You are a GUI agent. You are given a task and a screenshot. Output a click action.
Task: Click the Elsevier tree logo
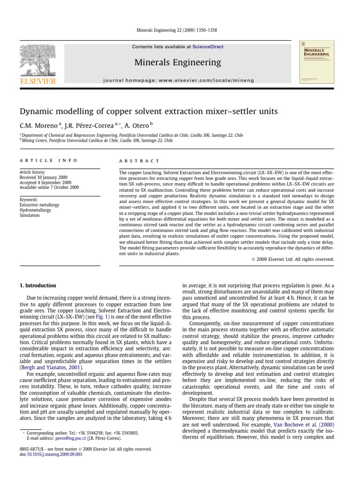pos(37,61)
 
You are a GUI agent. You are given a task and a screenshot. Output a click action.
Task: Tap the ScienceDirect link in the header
pos(208,47)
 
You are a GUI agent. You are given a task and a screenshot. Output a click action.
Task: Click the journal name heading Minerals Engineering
pos(177,62)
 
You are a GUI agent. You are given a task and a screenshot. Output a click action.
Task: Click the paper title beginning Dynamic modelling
pos(148,112)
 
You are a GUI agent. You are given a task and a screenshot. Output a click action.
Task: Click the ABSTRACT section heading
pos(140,160)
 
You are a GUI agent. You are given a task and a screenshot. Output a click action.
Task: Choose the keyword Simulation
pos(30,216)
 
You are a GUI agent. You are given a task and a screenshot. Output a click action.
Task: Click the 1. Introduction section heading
pos(37,285)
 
